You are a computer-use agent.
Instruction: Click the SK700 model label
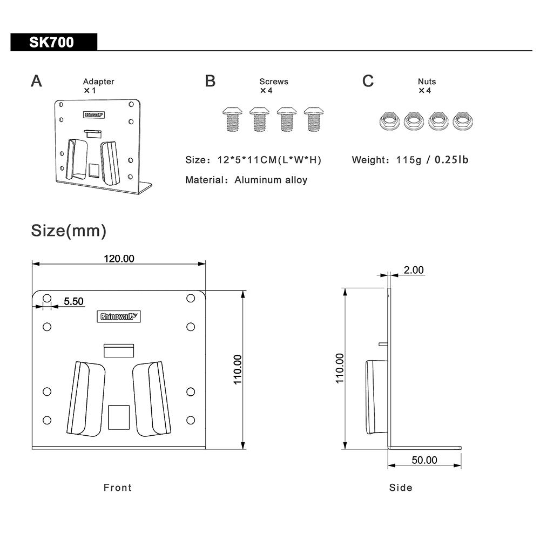(x=52, y=42)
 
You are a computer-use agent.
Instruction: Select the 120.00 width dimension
(x=119, y=259)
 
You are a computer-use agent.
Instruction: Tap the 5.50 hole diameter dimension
(x=73, y=301)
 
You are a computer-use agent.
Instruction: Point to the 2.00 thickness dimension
(x=414, y=270)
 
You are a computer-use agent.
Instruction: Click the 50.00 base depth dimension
(x=424, y=460)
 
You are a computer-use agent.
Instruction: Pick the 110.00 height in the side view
(x=340, y=368)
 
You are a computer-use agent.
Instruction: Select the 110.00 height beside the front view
(x=238, y=369)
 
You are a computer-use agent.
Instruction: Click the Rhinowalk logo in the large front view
(x=120, y=317)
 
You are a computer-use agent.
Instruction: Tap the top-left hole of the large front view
(x=47, y=298)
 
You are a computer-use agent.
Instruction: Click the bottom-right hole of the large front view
(x=190, y=420)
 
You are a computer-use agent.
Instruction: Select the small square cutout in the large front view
(x=119, y=417)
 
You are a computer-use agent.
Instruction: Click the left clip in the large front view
(x=85, y=399)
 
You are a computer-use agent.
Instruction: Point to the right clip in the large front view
(x=152, y=399)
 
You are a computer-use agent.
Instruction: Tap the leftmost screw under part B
(x=232, y=119)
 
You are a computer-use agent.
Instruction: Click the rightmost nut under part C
(x=463, y=120)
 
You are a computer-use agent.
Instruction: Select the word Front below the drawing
(x=118, y=488)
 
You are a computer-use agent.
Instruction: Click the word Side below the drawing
(x=401, y=488)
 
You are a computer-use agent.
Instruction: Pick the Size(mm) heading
(x=69, y=231)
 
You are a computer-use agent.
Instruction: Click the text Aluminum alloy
(x=271, y=180)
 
